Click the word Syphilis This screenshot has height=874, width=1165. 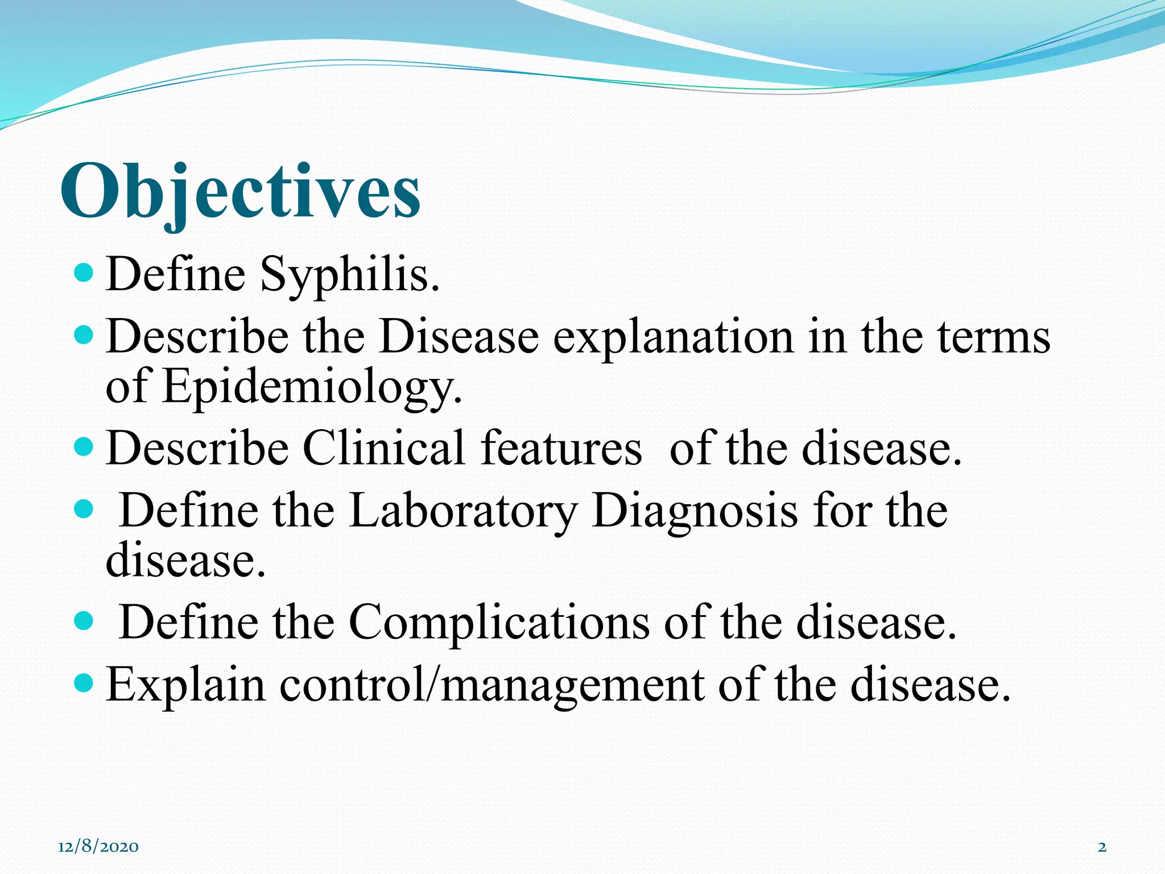349,275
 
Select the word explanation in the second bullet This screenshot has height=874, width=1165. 673,337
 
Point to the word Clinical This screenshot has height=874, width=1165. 384,449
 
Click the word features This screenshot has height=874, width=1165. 561,449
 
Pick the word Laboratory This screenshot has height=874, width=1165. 462,510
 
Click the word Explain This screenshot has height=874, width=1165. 185,685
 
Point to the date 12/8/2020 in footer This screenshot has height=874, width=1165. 98,847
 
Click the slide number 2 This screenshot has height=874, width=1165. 1102,847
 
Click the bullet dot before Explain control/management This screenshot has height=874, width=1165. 84,682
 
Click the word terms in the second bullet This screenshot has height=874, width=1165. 993,337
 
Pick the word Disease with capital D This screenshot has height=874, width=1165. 458,337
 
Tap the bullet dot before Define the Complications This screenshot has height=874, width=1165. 84,620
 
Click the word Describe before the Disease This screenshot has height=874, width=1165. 197,337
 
